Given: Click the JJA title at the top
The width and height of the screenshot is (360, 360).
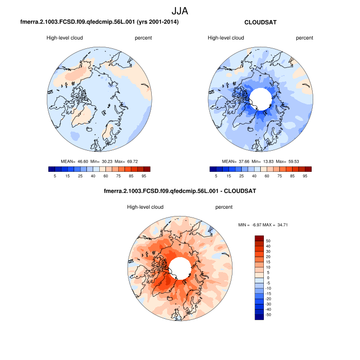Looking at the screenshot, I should [x=180, y=10].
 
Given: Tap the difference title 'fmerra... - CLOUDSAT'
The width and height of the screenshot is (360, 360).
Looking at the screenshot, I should [x=180, y=191].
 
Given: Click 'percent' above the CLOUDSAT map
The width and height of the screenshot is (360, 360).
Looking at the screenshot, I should [x=304, y=38].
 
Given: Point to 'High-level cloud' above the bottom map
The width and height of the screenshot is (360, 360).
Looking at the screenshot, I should [x=145, y=207].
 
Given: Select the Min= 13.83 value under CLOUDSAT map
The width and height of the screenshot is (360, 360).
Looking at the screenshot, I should [x=266, y=161].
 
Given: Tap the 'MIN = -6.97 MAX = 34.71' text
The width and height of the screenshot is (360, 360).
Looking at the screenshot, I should [x=262, y=225].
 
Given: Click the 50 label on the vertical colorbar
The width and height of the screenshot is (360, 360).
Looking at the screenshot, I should [x=268, y=241].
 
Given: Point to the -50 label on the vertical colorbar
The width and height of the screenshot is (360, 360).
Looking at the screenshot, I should [x=269, y=314].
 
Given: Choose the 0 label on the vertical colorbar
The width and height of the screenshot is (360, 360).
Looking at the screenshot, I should [x=268, y=278].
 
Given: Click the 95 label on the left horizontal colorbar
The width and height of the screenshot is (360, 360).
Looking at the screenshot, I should [x=144, y=176].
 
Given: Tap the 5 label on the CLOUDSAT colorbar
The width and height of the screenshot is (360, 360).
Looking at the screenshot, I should [x=216, y=176].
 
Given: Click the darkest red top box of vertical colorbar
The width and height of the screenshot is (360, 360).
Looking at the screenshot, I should [x=259, y=238].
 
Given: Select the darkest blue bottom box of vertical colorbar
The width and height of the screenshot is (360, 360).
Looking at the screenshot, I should [x=259, y=317].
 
